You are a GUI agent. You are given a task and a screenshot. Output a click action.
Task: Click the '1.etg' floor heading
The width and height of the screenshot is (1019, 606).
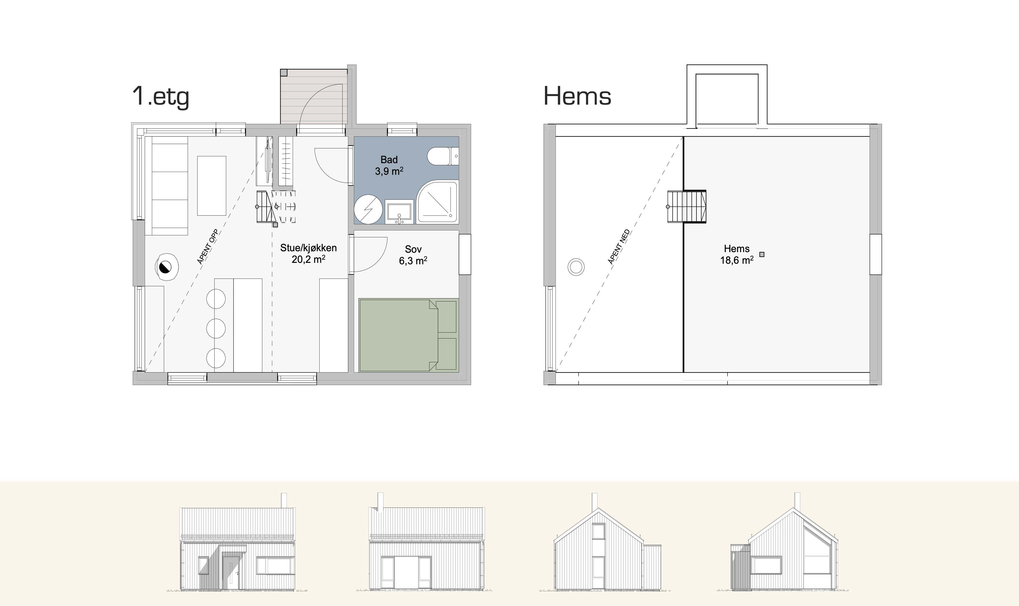point(161,97)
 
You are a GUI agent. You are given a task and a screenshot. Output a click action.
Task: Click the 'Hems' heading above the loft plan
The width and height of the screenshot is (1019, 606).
point(577,97)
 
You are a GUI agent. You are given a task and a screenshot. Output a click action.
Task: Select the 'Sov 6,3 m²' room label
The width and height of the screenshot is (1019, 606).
point(413,255)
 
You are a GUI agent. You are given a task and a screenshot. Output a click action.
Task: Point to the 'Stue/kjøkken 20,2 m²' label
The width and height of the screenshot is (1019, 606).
point(308,253)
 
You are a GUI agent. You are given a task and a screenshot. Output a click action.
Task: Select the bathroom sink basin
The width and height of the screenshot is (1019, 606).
point(399,212)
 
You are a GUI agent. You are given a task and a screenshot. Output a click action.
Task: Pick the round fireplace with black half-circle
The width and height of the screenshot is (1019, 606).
point(167,267)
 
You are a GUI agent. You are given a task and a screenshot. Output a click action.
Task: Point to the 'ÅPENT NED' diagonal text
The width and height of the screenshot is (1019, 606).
point(619,247)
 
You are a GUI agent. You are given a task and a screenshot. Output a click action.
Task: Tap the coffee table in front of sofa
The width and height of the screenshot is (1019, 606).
point(212,186)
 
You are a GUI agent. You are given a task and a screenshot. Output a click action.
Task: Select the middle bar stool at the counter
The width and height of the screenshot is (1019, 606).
point(216,327)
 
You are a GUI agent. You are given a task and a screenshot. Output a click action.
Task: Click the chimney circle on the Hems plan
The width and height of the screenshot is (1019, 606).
point(576,267)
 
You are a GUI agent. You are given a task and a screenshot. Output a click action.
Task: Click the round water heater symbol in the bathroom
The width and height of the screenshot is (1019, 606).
point(368,209)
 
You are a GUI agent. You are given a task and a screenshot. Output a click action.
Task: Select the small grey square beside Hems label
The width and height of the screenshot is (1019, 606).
point(762,254)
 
